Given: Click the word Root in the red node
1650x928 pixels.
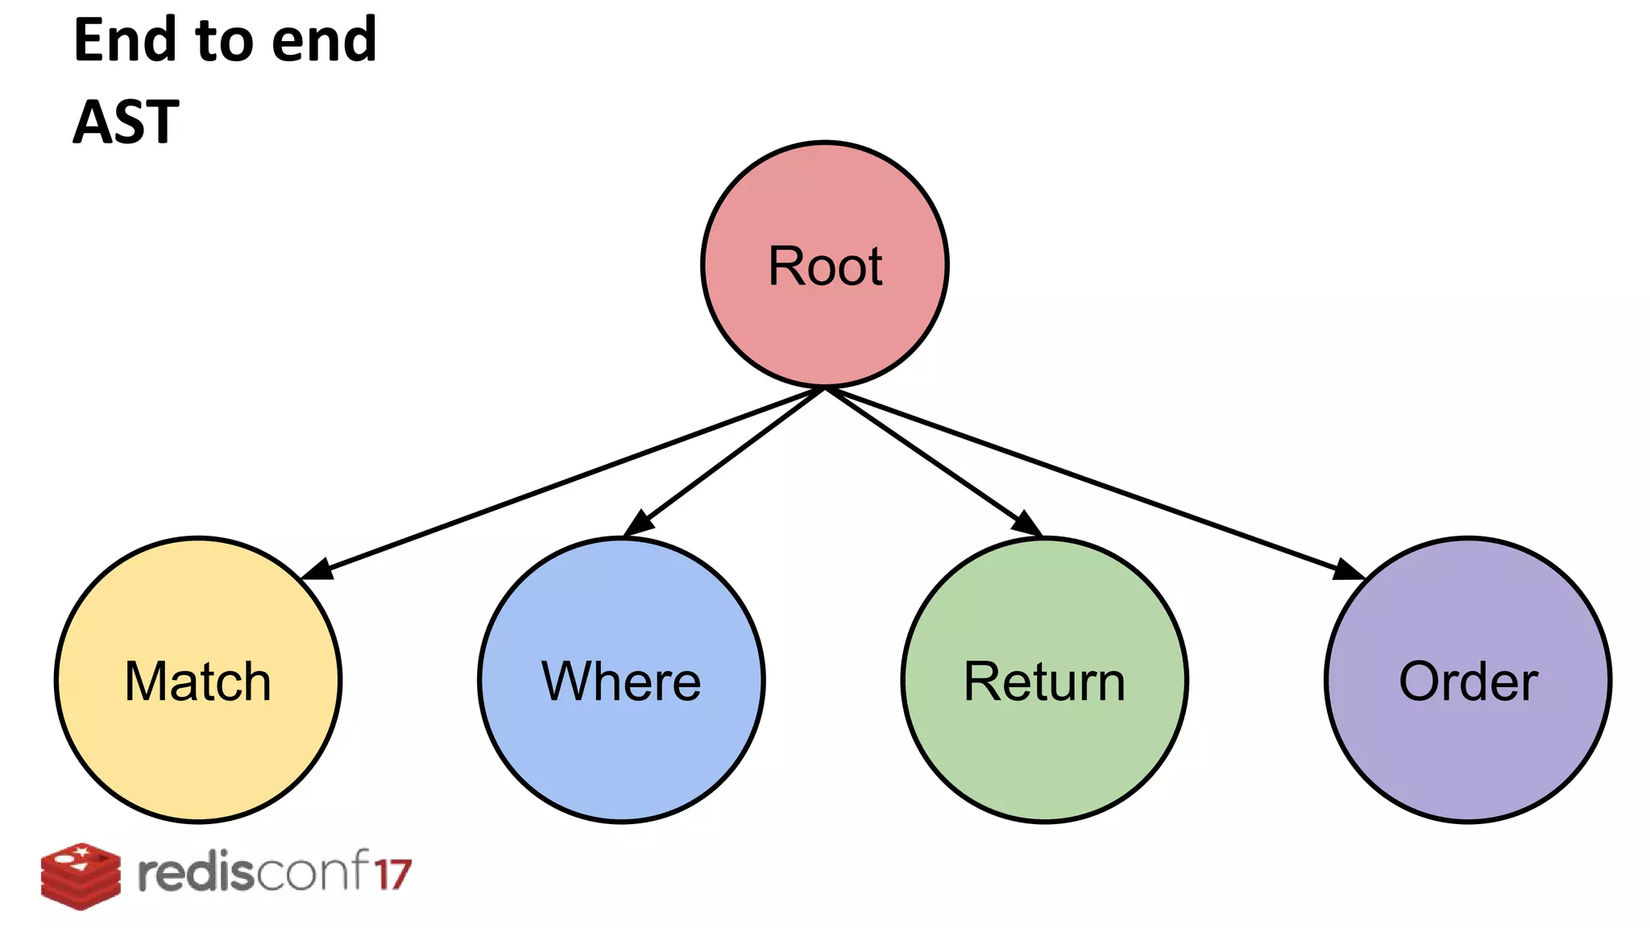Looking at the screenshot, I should [825, 266].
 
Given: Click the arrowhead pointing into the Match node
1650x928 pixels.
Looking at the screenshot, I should [317, 570].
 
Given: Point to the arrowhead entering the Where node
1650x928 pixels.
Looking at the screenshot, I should [639, 523].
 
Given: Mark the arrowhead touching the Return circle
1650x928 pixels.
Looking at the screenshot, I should [1026, 523].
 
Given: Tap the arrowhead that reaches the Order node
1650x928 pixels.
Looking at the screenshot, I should [1349, 570].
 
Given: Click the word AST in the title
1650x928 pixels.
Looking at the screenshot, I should [126, 122].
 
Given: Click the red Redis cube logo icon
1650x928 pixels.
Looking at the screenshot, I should [81, 876].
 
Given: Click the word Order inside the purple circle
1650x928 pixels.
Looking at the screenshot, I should [1468, 681].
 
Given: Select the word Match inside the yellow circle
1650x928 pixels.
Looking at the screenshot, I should [198, 681].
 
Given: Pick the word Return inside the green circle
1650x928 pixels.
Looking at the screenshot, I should [1044, 681].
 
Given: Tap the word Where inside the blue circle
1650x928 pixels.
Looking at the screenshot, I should [621, 681].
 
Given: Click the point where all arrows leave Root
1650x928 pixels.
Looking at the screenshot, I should [825, 389].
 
